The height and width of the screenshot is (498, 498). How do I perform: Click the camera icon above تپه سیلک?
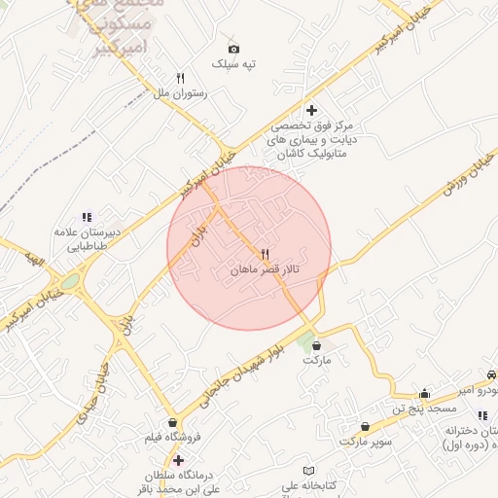tap(233, 49)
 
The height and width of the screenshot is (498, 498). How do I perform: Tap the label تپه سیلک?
tap(234, 64)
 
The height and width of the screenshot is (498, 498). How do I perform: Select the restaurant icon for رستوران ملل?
tap(180, 78)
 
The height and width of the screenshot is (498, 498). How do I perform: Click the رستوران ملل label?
tap(182, 93)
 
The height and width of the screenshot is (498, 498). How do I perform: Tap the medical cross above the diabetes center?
tap(311, 111)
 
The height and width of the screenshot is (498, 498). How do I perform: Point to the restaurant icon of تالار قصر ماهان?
tap(265, 254)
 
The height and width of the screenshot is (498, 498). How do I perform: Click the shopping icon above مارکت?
tap(317, 345)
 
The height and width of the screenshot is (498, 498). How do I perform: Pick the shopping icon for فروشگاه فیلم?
tap(173, 423)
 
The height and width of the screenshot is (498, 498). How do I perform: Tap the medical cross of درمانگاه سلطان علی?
tap(178, 459)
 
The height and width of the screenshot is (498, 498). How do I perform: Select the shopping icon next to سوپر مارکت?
tap(364, 427)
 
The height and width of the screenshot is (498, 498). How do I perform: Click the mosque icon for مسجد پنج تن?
tap(424, 394)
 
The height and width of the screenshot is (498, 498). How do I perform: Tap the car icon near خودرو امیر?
tap(491, 374)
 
